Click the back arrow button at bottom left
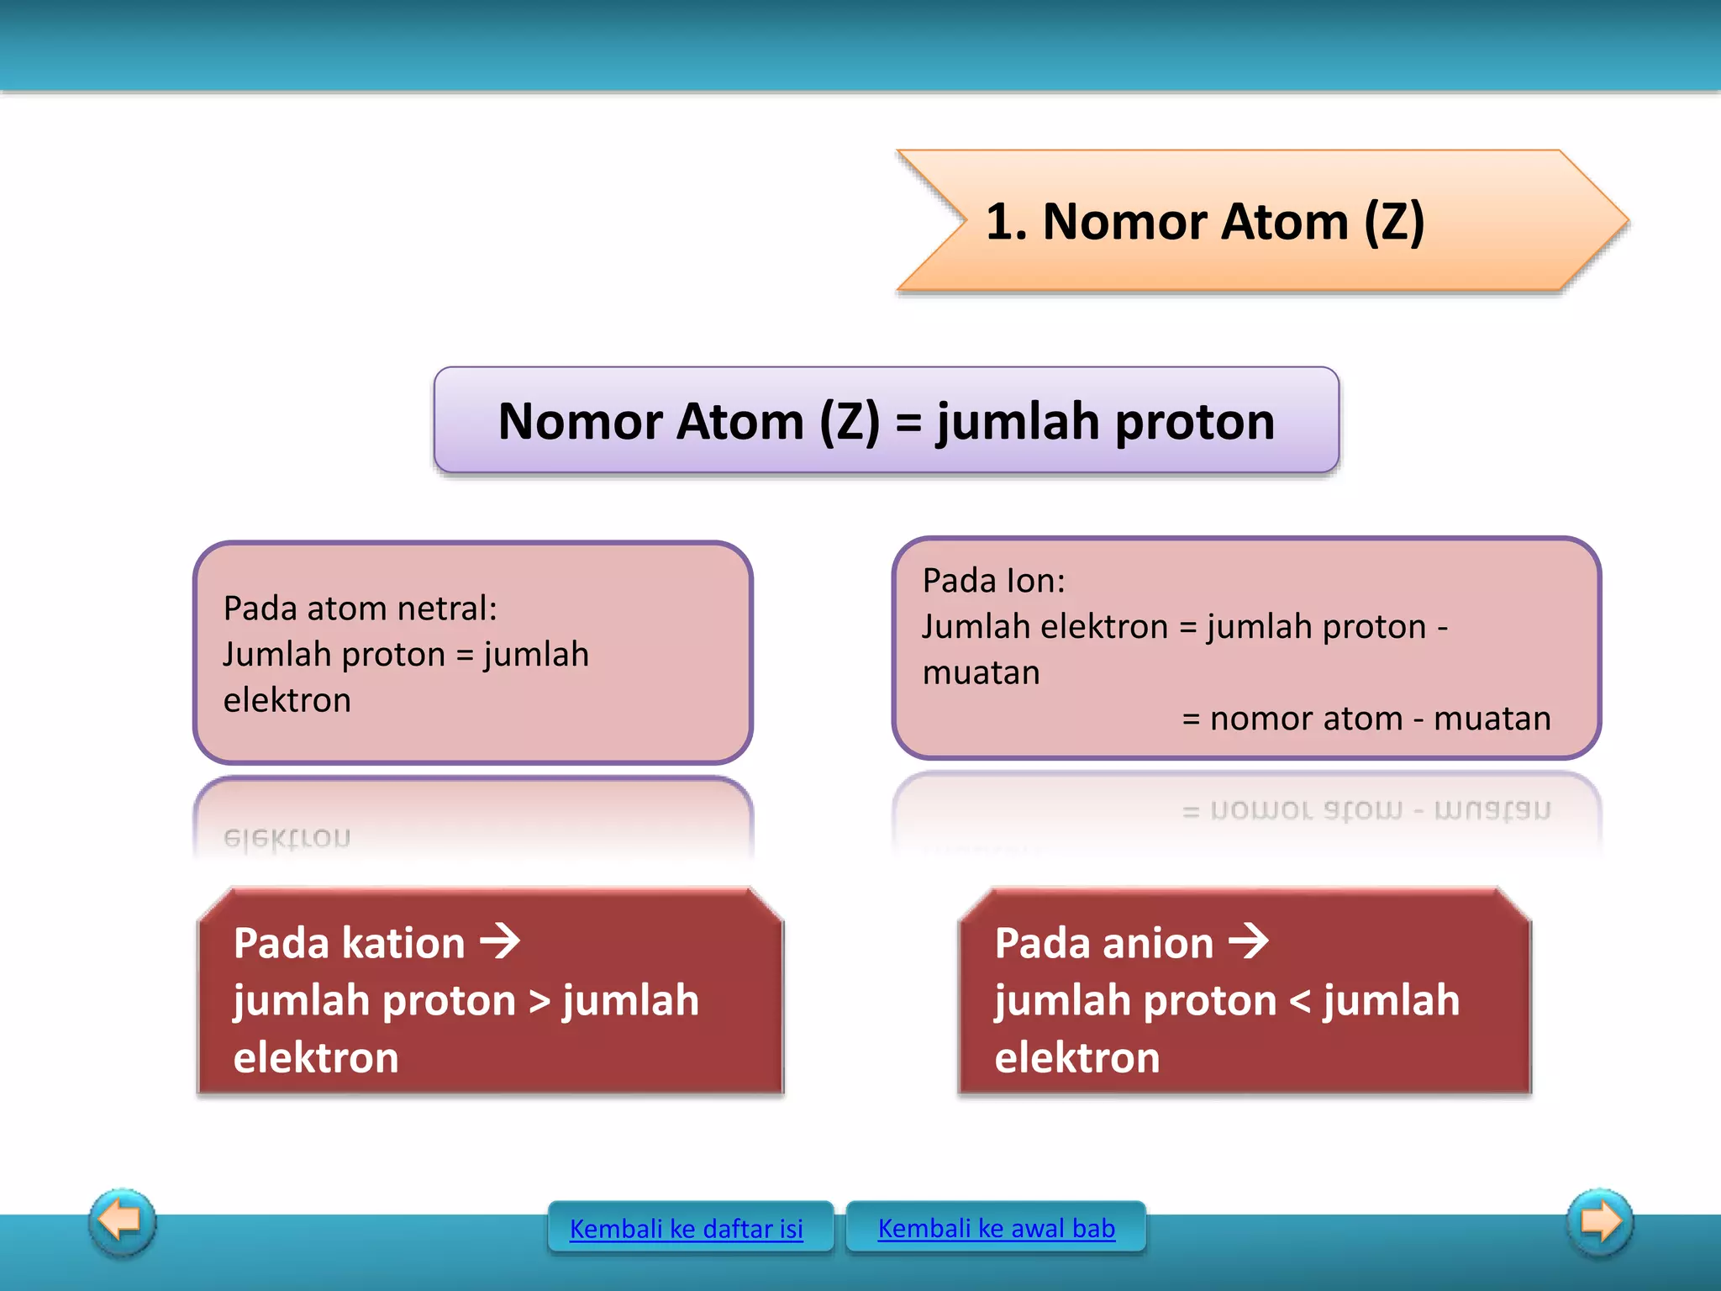pyautogui.click(x=122, y=1221)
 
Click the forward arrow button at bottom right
pyautogui.click(x=1600, y=1221)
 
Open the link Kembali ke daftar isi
pyautogui.click(x=687, y=1229)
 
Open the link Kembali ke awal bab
pyautogui.click(x=996, y=1228)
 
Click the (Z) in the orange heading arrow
pyautogui.click(x=1393, y=222)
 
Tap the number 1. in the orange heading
pyautogui.click(x=1006, y=222)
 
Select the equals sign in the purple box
pyautogui.click(x=908, y=423)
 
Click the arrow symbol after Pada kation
pyautogui.click(x=500, y=941)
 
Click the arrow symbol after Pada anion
pyautogui.click(x=1249, y=941)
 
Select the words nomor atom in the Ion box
pyautogui.click(x=1306, y=719)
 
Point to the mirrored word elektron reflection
pyautogui.click(x=287, y=838)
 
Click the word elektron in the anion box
pyautogui.click(x=1076, y=1057)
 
